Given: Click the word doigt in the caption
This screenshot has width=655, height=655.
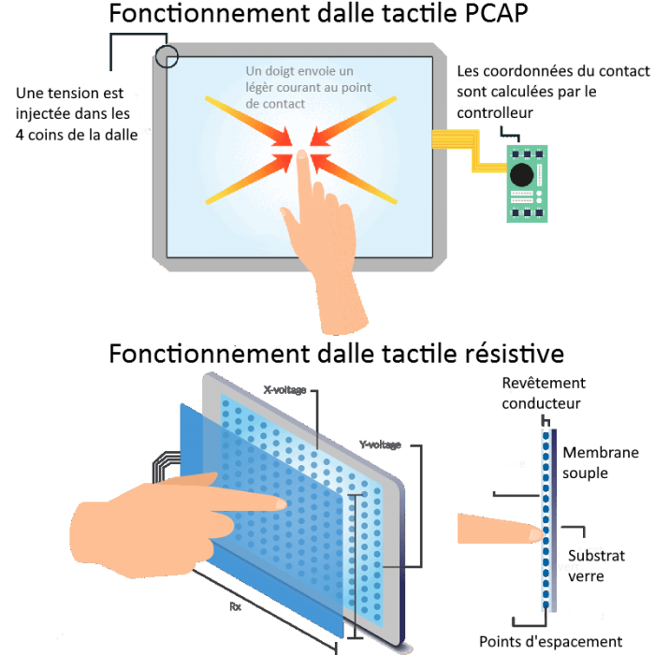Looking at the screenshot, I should pos(284,71).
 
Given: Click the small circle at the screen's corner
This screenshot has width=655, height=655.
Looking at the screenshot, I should pos(167,56).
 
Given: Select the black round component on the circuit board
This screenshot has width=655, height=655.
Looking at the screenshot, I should pos(521,174).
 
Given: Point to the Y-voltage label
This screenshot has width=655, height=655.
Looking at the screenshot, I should pos(379,444).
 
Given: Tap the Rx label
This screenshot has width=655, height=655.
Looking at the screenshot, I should pos(235,605).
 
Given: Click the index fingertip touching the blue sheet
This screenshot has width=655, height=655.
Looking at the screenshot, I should pos(279,503).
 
